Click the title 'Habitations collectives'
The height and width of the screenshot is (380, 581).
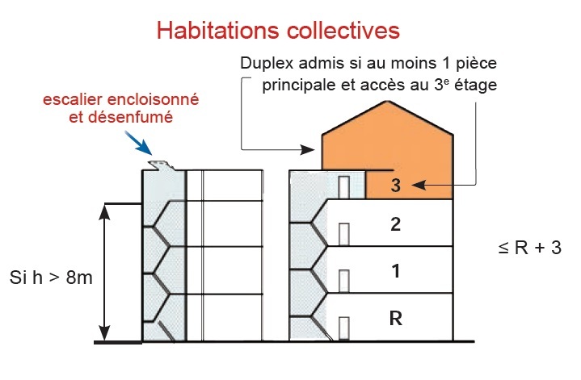[x=278, y=31]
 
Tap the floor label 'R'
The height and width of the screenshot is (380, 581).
[x=395, y=318]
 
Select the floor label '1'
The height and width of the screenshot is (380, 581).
[x=395, y=271]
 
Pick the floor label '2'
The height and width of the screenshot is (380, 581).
[x=395, y=224]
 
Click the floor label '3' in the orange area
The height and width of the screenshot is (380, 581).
[x=395, y=185]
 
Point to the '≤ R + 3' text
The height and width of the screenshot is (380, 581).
[x=529, y=247]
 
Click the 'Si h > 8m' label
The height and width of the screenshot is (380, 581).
[x=51, y=279]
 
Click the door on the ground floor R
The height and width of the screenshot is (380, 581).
[x=343, y=327]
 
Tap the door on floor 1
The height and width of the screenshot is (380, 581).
[x=343, y=282]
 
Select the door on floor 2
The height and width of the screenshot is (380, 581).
[x=343, y=234]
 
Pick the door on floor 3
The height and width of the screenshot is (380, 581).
[x=343, y=187]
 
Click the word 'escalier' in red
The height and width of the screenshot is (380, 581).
[x=75, y=100]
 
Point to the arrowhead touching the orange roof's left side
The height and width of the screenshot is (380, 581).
[x=316, y=149]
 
